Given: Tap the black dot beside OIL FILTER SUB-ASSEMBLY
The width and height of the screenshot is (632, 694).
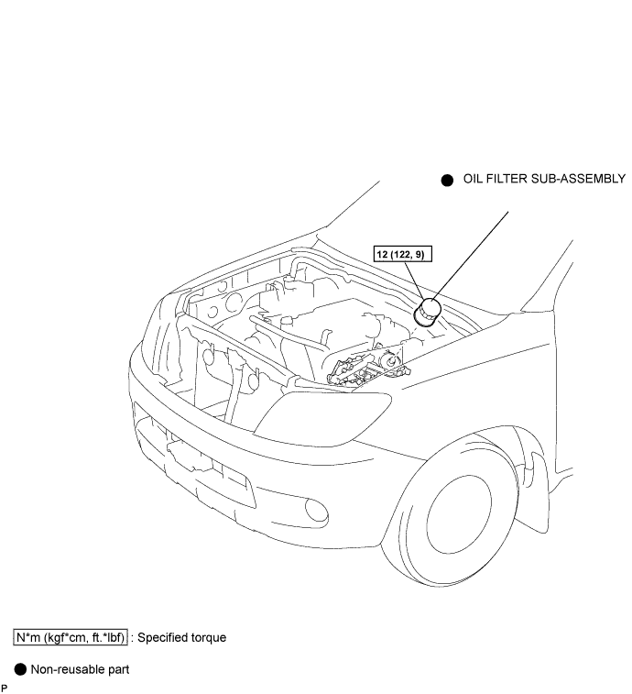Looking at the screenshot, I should pyautogui.click(x=447, y=181).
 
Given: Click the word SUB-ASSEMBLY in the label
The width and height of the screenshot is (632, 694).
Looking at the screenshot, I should pyautogui.click(x=583, y=179).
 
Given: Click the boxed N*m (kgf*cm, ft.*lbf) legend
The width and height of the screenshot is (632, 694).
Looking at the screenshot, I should pyautogui.click(x=70, y=636).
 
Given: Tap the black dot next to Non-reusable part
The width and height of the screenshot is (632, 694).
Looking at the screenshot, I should pyautogui.click(x=19, y=669).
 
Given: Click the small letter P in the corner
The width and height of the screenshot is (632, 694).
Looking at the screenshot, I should pyautogui.click(x=5, y=688).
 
